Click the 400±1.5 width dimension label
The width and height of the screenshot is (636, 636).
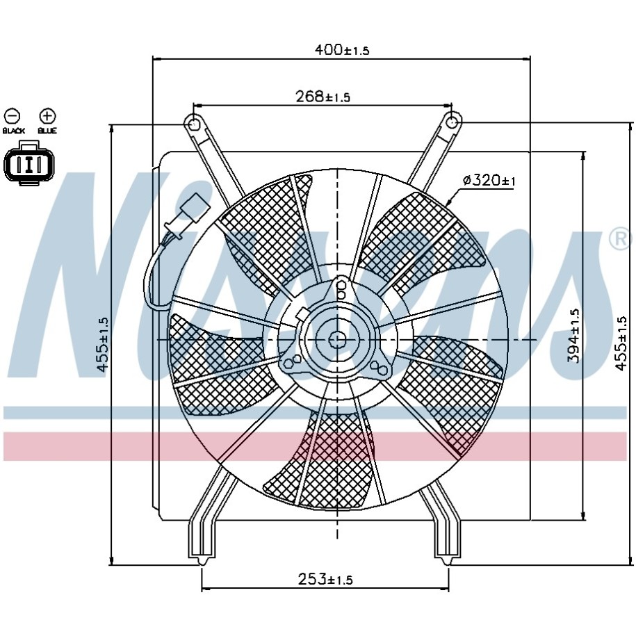[342, 49]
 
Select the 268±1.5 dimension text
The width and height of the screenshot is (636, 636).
[323, 97]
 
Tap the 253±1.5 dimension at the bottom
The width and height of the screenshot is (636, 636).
[325, 579]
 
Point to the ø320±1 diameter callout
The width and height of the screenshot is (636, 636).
[489, 180]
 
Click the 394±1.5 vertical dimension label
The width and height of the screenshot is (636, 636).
[573, 336]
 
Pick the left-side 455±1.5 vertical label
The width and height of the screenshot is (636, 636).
[103, 344]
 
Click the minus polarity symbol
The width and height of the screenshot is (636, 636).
[13, 116]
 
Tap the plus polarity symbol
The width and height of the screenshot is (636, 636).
[47, 116]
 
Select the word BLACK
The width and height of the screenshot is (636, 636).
[14, 131]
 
